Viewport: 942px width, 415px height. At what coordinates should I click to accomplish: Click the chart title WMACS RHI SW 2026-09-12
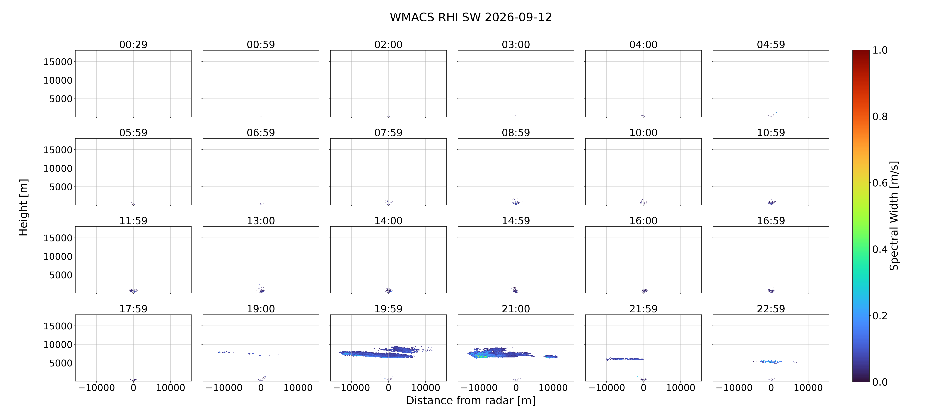click(x=471, y=17)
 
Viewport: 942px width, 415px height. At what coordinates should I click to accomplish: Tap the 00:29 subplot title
click(x=133, y=45)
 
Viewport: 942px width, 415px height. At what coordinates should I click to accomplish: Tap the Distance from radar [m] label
click(x=471, y=400)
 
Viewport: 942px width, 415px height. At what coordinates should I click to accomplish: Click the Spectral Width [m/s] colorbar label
click(x=894, y=216)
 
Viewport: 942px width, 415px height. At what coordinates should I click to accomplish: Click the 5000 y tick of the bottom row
click(x=61, y=363)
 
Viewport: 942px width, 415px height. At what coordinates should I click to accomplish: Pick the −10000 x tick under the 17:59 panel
click(x=97, y=388)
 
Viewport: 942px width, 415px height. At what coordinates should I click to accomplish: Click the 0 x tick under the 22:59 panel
click(x=771, y=388)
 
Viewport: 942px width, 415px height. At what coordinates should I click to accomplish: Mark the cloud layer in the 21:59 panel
click(x=625, y=359)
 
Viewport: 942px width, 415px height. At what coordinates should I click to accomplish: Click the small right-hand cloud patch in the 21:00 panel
click(x=551, y=357)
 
